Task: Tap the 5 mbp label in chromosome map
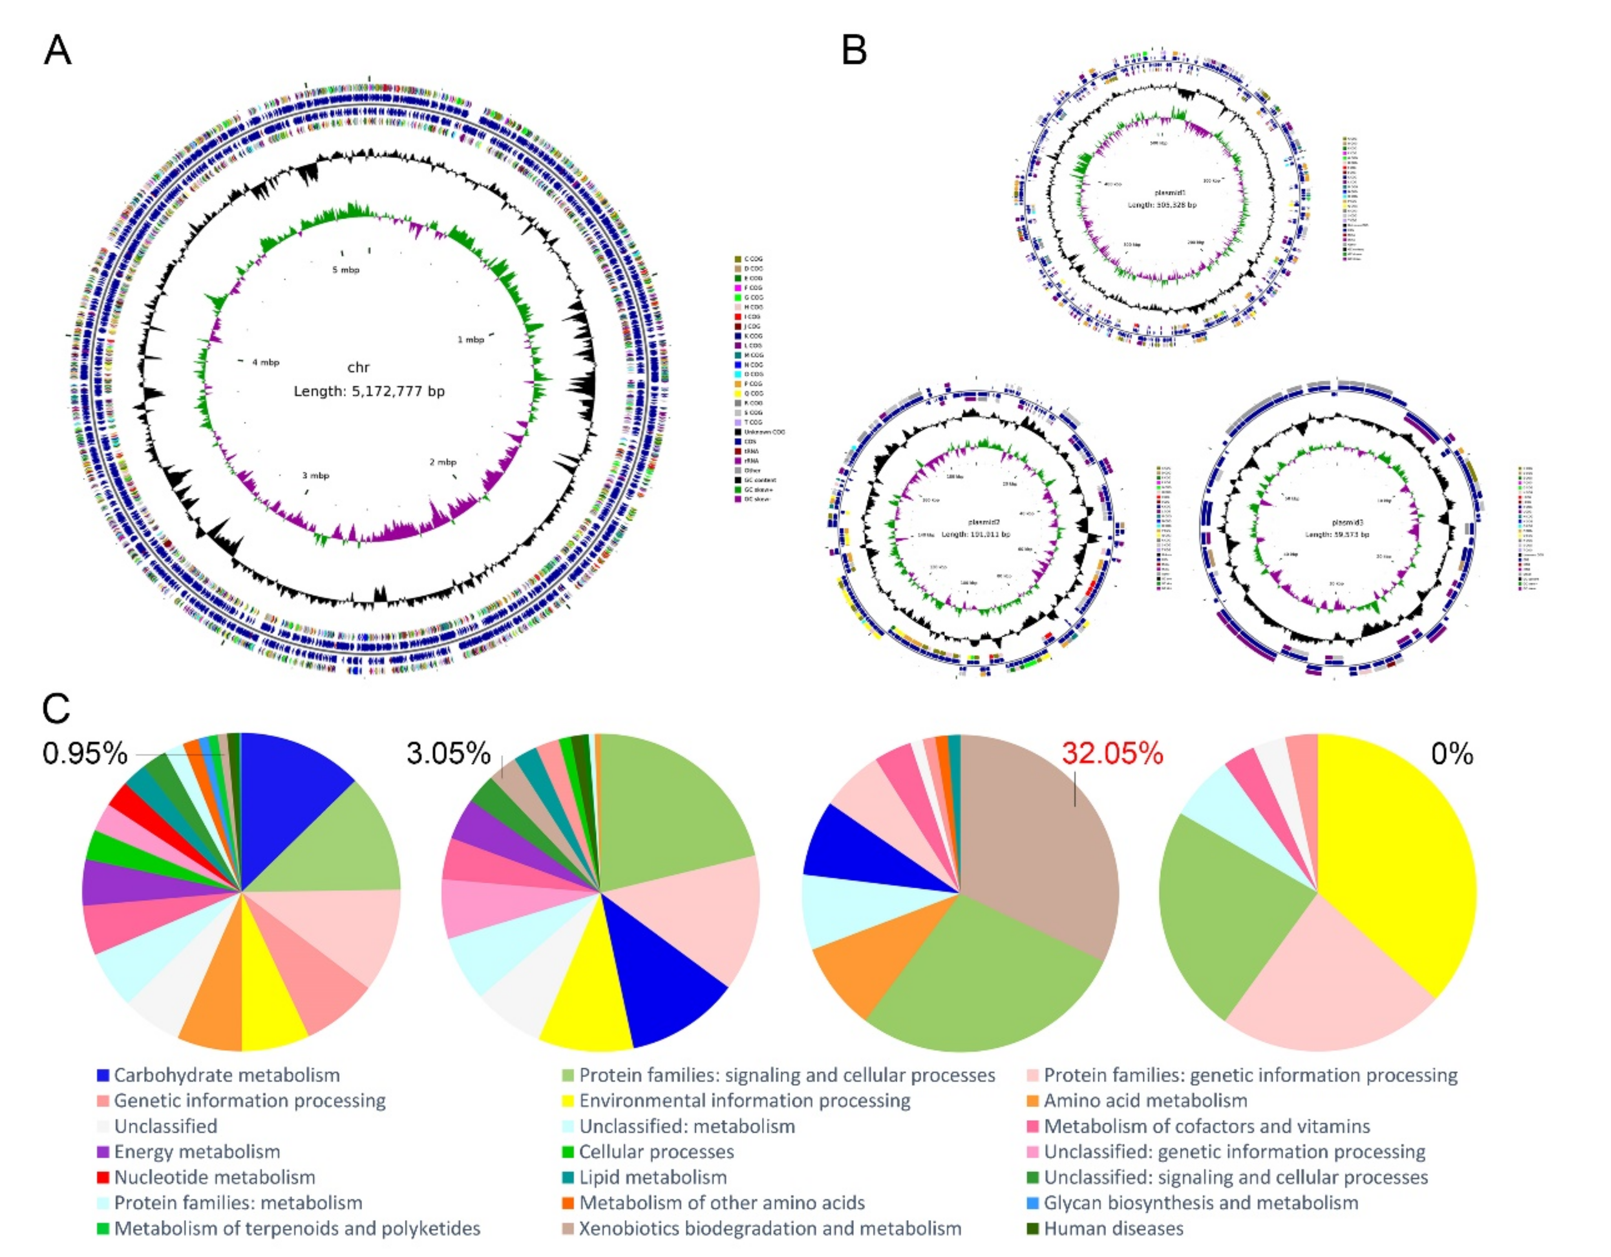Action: click(345, 270)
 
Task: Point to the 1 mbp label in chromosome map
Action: click(471, 340)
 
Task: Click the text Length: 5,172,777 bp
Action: click(369, 391)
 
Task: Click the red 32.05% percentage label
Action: click(1112, 753)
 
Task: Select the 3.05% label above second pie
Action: click(449, 753)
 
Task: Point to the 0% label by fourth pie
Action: click(1452, 753)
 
